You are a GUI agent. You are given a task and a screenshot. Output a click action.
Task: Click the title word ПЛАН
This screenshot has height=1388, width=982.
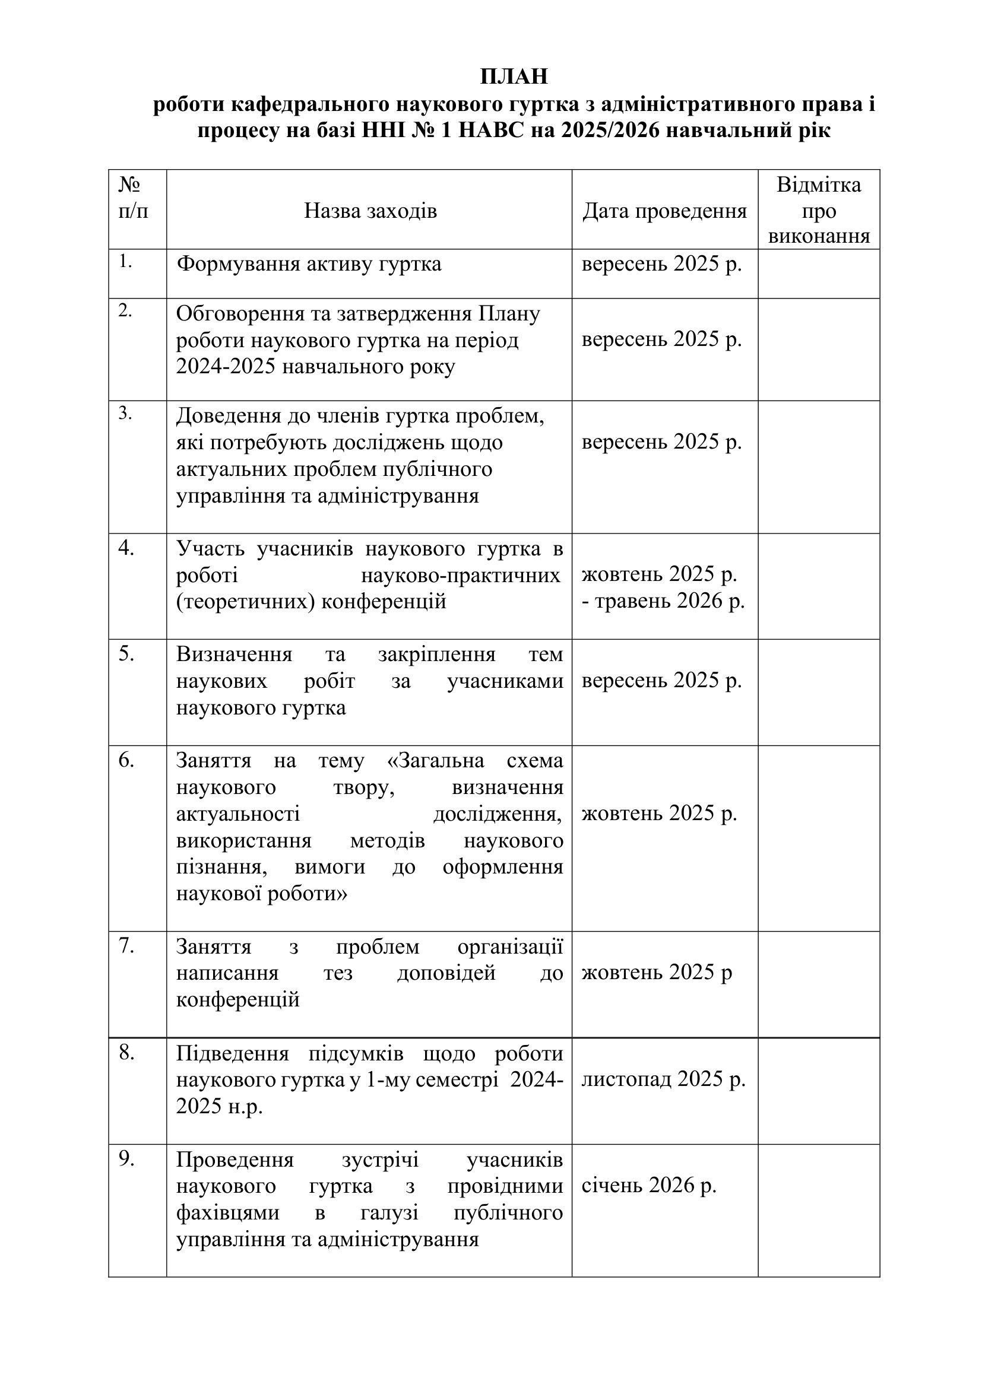pyautogui.click(x=514, y=77)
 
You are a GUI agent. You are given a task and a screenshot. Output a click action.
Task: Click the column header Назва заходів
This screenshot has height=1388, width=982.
pyautogui.click(x=370, y=211)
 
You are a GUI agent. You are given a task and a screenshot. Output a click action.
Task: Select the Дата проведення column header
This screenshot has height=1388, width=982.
pyautogui.click(x=664, y=211)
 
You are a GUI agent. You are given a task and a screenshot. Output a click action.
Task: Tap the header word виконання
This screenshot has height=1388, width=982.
pyautogui.click(x=819, y=236)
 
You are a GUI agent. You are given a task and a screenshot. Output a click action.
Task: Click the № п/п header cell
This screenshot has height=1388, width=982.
pyautogui.click(x=134, y=197)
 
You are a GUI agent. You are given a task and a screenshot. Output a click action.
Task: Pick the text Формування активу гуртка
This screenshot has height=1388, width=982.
pyautogui.click(x=309, y=263)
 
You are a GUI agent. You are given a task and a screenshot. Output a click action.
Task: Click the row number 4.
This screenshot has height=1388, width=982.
pyautogui.click(x=126, y=548)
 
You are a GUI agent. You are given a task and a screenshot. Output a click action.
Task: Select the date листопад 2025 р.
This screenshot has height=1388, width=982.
pyautogui.click(x=663, y=1078)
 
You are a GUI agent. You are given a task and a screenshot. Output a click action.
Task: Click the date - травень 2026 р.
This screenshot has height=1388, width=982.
pyautogui.click(x=663, y=601)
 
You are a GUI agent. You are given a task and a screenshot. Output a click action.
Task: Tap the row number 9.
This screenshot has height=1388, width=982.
pyautogui.click(x=126, y=1159)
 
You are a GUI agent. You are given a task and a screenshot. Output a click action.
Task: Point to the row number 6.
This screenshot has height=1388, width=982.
pyautogui.click(x=126, y=760)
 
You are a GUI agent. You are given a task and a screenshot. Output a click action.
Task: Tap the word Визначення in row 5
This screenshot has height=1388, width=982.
pyautogui.click(x=234, y=654)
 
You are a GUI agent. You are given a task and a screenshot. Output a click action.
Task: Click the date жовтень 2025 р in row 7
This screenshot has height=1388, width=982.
pyautogui.click(x=657, y=972)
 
